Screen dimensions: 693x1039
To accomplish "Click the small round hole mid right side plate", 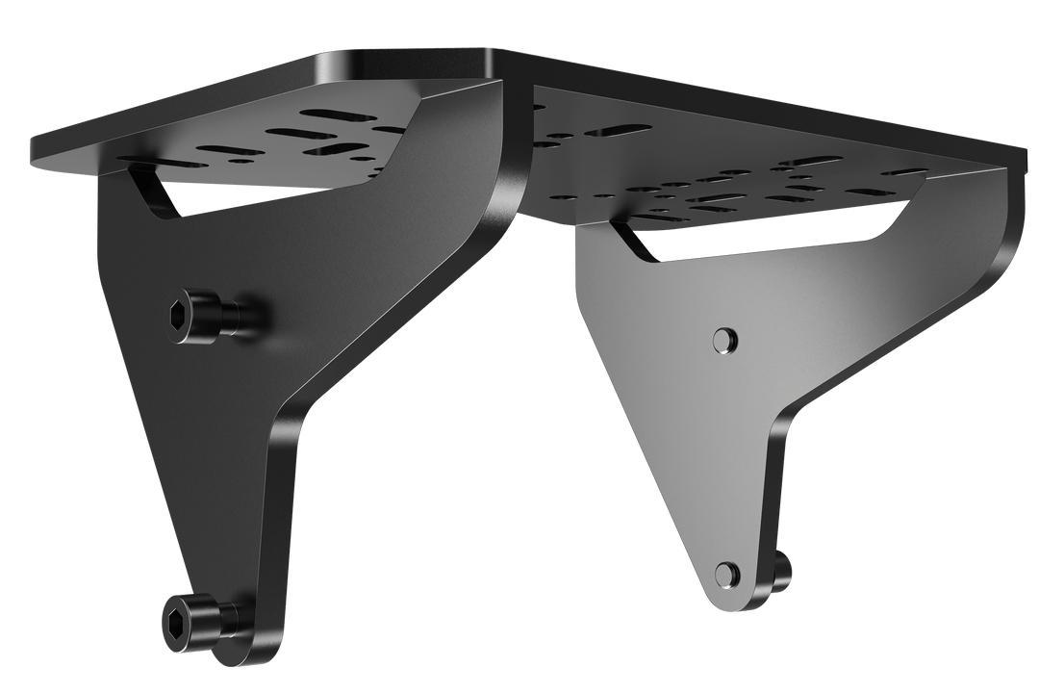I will pyautogui.click(x=725, y=338).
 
